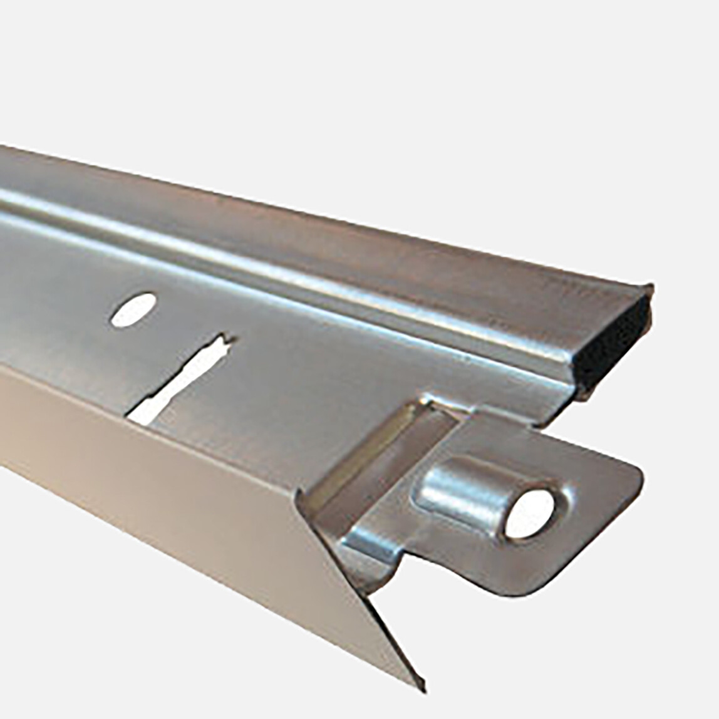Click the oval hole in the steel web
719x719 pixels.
(x=133, y=309)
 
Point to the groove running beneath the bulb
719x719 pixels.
(x=313, y=294)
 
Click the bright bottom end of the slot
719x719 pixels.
(x=141, y=413)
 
